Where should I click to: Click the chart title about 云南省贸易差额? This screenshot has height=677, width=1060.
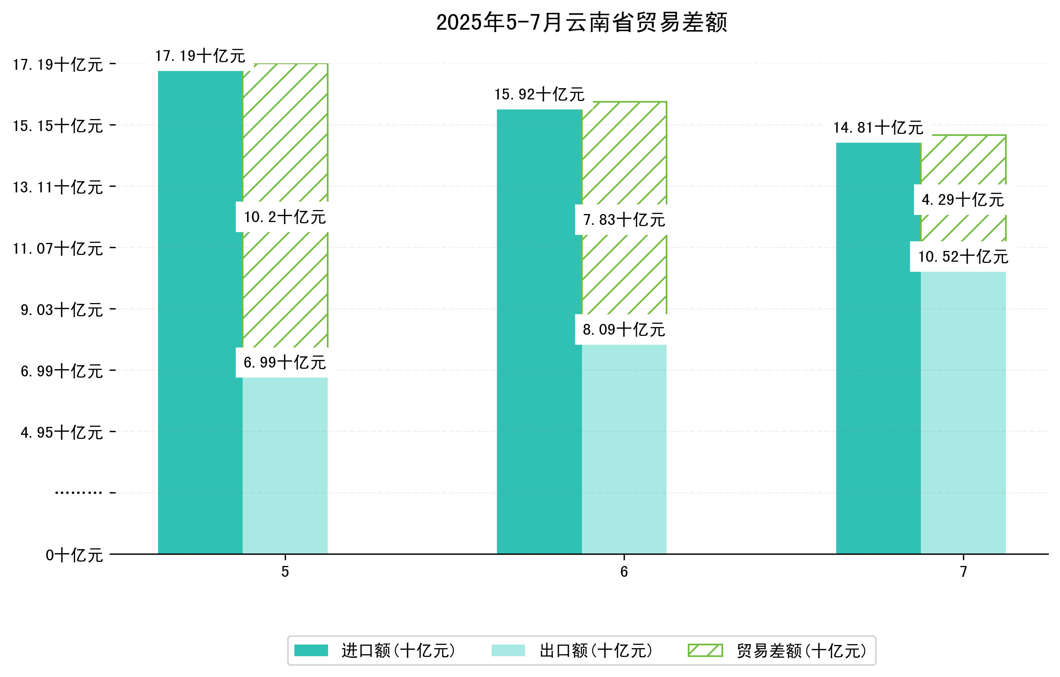(581, 22)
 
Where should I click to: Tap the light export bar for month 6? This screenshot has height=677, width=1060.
(624, 449)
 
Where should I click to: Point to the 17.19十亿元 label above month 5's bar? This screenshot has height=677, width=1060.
(200, 56)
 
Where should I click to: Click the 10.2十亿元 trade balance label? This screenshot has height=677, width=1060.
(285, 217)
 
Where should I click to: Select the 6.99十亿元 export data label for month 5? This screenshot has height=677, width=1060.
(285, 362)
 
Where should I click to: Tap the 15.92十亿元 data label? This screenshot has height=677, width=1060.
(539, 95)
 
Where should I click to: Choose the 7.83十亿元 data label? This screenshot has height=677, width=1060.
(624, 220)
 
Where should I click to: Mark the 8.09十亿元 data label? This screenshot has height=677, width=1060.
(624, 329)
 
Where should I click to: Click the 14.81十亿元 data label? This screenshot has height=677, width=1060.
(878, 128)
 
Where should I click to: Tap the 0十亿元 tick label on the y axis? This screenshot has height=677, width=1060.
(74, 555)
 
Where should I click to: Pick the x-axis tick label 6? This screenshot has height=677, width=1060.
(624, 572)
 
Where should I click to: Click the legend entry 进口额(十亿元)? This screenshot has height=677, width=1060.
(398, 651)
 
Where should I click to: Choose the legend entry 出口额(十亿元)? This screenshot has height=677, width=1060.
(596, 651)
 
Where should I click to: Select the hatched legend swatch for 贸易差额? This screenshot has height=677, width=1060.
(705, 650)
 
